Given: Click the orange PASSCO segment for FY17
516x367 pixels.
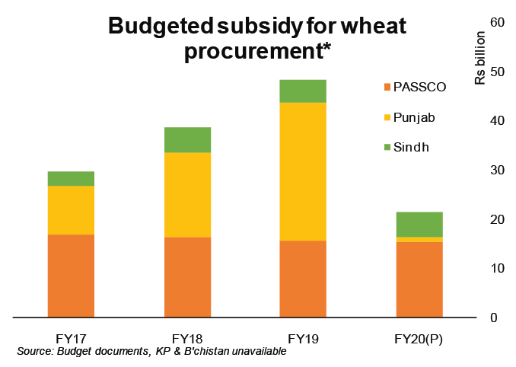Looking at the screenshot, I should [x=71, y=275].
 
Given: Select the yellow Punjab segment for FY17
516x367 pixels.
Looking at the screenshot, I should [x=71, y=210].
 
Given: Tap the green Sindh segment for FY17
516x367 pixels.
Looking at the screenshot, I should [x=71, y=179].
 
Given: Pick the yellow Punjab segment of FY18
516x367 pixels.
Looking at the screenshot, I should [x=187, y=195].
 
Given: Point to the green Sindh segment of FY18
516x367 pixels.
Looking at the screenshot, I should [x=187, y=140].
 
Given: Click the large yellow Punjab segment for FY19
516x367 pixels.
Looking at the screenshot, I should [x=303, y=171].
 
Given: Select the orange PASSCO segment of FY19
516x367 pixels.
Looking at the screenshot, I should [x=303, y=279].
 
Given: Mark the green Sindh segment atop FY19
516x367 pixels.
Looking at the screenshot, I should [x=303, y=91].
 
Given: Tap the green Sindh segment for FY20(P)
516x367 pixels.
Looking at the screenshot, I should [x=419, y=224].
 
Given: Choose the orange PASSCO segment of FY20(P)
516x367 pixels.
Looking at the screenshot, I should [x=419, y=279].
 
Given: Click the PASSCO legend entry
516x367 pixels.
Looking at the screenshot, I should [x=419, y=87].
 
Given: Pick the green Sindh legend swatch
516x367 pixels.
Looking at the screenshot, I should [x=387, y=148].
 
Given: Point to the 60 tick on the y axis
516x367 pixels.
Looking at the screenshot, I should [x=499, y=22].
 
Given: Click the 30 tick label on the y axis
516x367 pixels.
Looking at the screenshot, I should [x=499, y=170].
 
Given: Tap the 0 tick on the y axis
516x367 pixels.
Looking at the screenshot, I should [x=499, y=318].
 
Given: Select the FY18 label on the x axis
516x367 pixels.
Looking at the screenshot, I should [x=187, y=338].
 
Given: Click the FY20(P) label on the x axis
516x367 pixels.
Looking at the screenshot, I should [x=419, y=338].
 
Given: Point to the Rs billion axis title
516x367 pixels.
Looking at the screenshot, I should [x=480, y=58].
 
